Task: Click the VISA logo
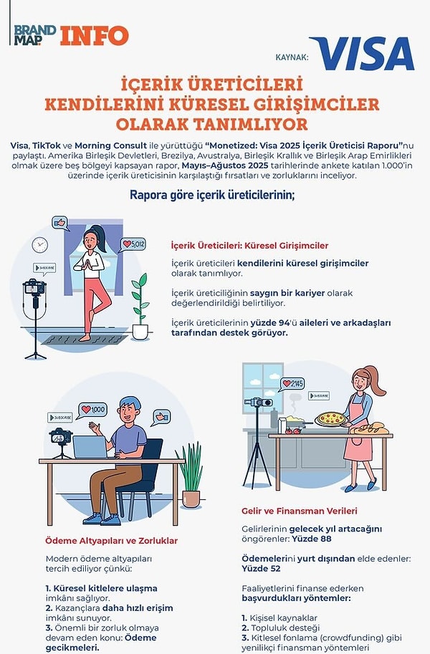(365, 54)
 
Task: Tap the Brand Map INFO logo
(72, 34)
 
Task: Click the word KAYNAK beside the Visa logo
(292, 57)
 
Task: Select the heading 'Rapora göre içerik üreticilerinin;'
(211, 195)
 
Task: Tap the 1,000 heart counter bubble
(96, 410)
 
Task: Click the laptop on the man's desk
(90, 447)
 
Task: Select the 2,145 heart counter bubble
(294, 383)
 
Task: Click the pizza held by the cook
(331, 418)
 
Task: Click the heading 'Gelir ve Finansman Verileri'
(299, 511)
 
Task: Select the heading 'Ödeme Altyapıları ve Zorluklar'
(111, 540)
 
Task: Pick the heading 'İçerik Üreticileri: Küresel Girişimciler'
(249, 245)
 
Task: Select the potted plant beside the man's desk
(191, 476)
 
